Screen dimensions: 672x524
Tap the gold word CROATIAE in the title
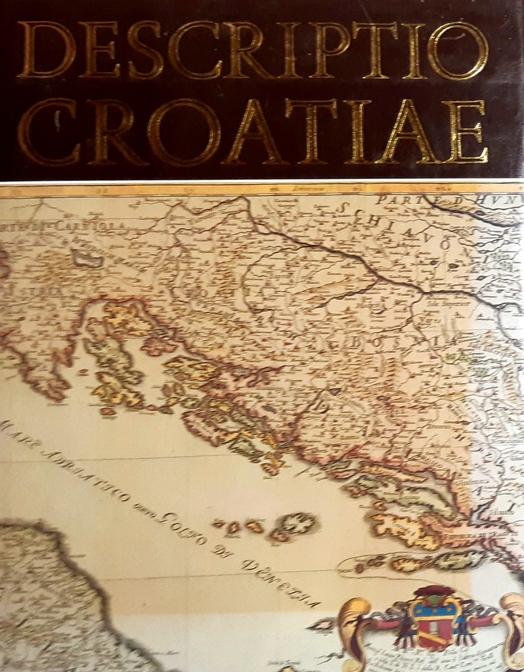pyautogui.click(x=253, y=132)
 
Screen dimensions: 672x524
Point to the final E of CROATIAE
pyautogui.click(x=468, y=132)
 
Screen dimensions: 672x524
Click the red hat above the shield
pyautogui.click(x=434, y=591)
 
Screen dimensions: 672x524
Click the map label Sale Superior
pyautogui.click(x=457, y=304)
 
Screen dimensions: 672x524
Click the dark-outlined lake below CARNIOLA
pyautogui.click(x=87, y=259)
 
